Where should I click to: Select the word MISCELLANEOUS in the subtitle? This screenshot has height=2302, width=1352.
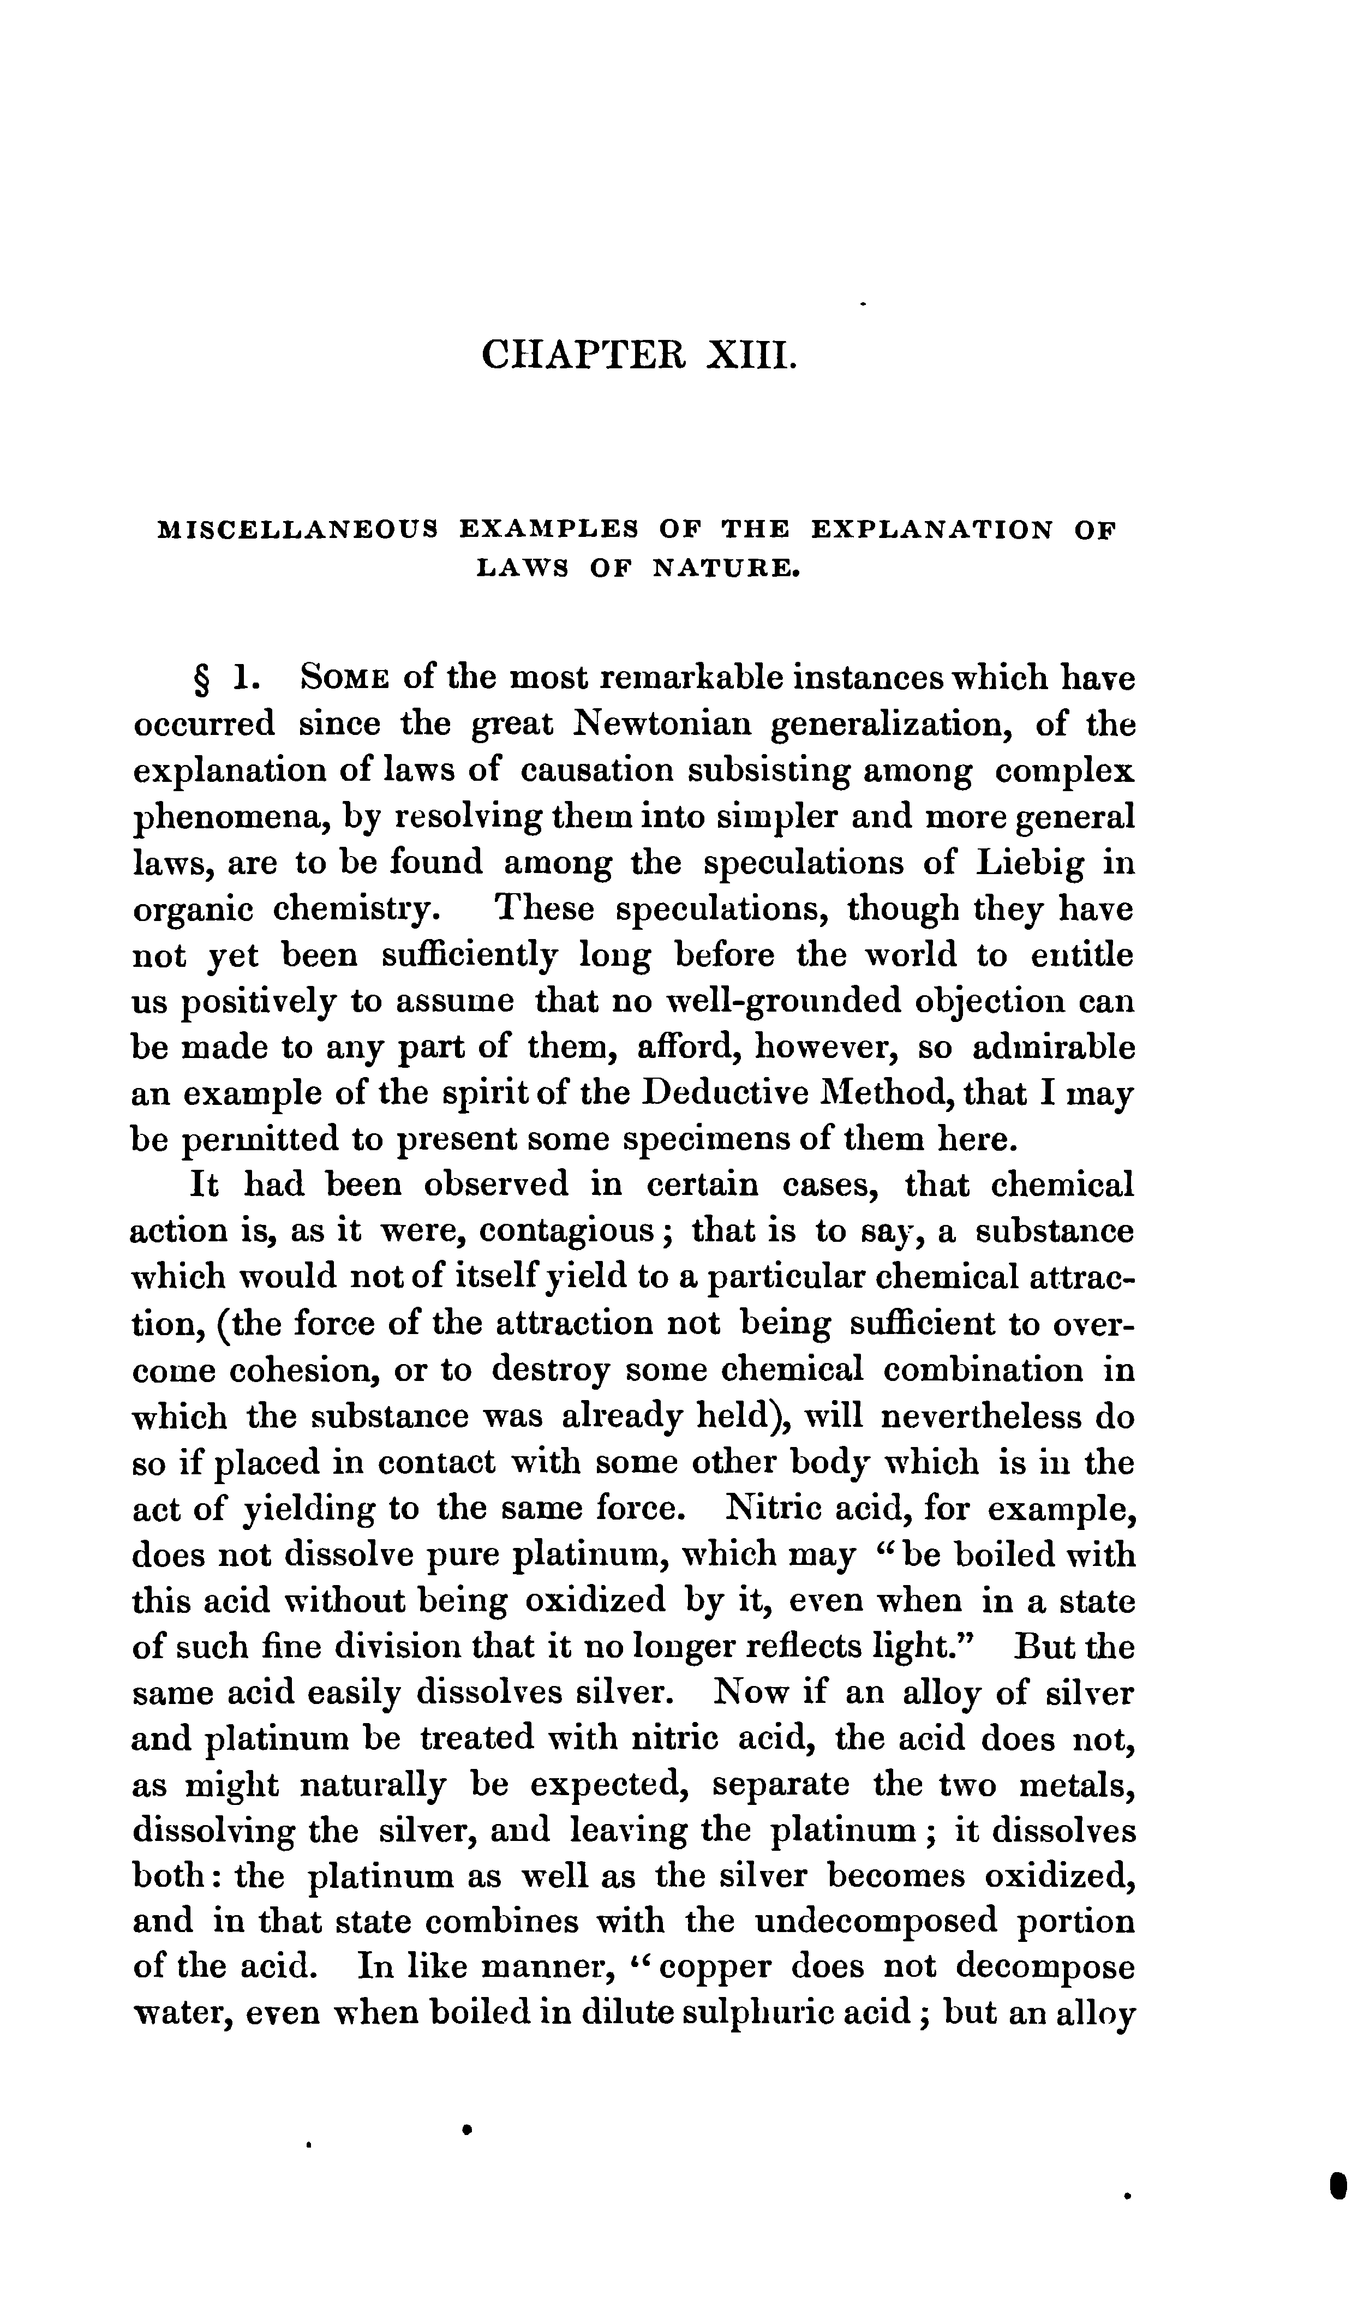click(298, 530)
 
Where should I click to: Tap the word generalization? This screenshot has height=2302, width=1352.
click(893, 725)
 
